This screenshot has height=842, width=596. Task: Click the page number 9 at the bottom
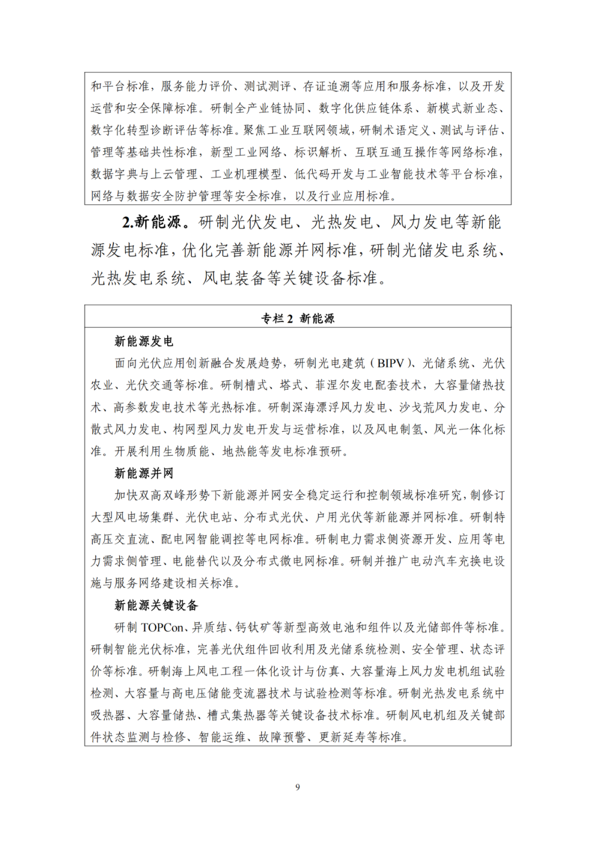pyautogui.click(x=297, y=787)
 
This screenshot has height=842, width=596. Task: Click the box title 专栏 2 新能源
pyautogui.click(x=297, y=318)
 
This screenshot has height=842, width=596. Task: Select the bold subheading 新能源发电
pyautogui.click(x=143, y=341)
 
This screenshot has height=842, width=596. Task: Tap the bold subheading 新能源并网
pyautogui.click(x=143, y=473)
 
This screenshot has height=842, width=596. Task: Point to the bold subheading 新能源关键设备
pyautogui.click(x=156, y=605)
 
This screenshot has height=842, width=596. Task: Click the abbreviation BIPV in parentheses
pyautogui.click(x=391, y=363)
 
